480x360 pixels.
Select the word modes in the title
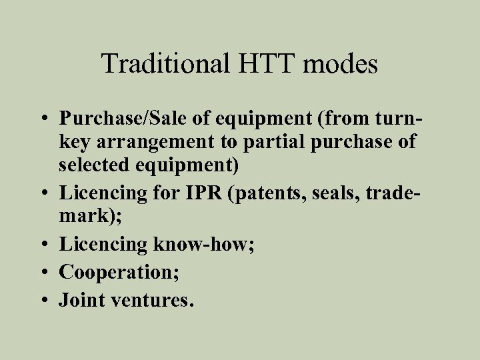click(x=346, y=65)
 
